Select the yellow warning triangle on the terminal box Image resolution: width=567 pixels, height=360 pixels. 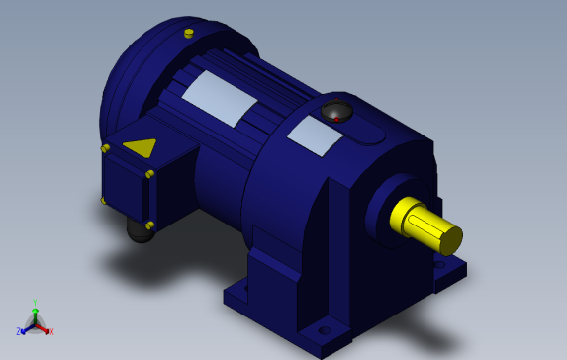(141, 148)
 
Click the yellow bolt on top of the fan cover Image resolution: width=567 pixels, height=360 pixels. (188, 34)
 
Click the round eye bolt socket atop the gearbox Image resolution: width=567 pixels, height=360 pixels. (337, 111)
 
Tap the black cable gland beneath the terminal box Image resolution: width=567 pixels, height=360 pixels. (140, 231)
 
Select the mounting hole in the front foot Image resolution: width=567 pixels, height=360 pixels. (324, 329)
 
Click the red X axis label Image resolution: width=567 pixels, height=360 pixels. (51, 332)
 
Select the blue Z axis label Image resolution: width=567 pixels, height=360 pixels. (19, 332)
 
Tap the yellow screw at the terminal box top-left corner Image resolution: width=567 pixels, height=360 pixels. (106, 148)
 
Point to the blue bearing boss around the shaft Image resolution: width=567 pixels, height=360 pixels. (381, 213)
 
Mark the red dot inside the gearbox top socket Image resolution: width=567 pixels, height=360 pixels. (336, 118)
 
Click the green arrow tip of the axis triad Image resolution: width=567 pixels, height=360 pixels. (35, 310)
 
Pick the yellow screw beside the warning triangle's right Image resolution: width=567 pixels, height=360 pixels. (151, 174)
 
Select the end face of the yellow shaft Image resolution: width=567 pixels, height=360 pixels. (450, 239)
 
